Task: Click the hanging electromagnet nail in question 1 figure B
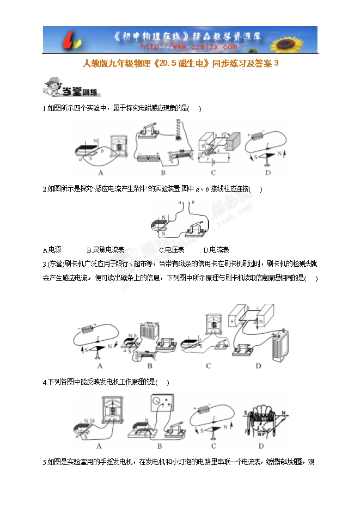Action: [180, 131]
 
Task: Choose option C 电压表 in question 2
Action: [172, 250]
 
